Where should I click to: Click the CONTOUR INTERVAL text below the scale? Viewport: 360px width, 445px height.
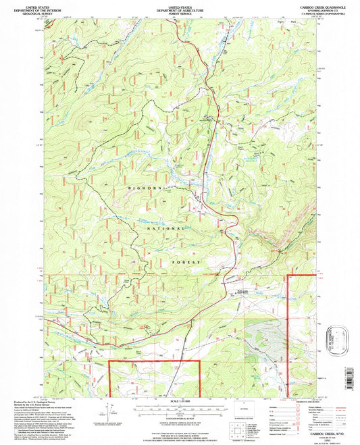click(x=180, y=417)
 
